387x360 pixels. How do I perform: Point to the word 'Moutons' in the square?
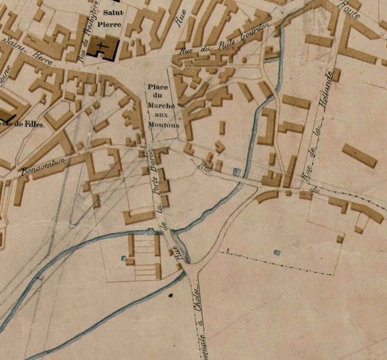(163, 125)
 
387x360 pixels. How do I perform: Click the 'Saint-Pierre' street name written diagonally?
(24, 47)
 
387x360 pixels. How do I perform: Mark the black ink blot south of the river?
(170, 296)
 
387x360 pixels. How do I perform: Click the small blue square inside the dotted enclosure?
(277, 252)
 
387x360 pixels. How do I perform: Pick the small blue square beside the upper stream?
(236, 171)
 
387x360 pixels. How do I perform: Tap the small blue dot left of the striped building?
(124, 257)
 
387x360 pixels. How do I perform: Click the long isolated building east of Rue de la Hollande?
(359, 155)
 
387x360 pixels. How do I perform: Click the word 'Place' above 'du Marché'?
(158, 87)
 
